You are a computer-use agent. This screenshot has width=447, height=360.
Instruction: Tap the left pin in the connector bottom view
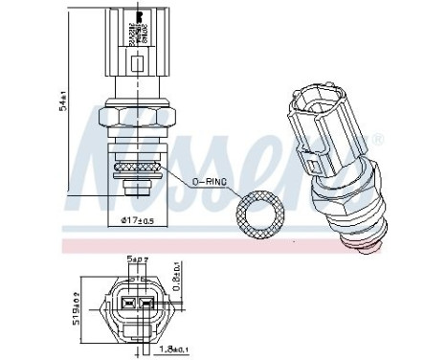click(125, 306)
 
